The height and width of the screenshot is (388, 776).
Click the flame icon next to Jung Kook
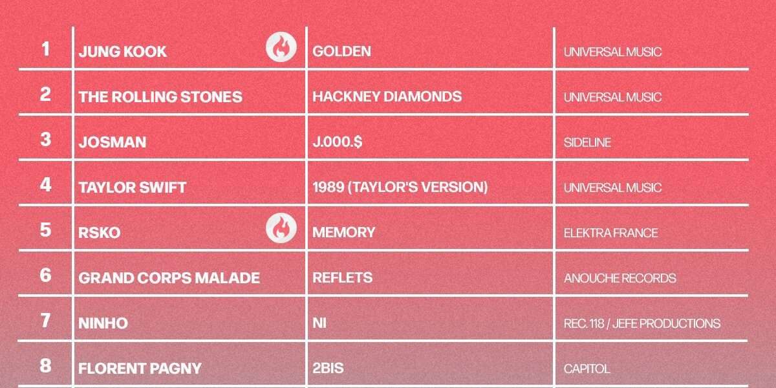(x=281, y=47)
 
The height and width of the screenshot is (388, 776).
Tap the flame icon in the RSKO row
(x=281, y=228)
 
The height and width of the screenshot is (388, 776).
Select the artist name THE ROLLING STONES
(x=160, y=96)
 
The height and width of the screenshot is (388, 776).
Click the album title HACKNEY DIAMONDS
(x=387, y=96)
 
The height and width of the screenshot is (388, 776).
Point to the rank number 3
(x=45, y=139)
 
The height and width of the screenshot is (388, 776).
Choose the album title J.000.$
(x=338, y=142)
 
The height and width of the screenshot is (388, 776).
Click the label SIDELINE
(x=587, y=142)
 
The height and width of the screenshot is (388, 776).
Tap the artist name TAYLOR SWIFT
(x=133, y=188)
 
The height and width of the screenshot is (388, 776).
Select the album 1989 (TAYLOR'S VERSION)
(x=400, y=187)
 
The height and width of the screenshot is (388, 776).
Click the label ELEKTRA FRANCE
(x=610, y=233)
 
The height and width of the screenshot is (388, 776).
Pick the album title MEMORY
(x=343, y=232)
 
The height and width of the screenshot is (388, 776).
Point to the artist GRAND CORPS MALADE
(x=169, y=278)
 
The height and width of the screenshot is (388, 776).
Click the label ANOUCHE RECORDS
(x=620, y=278)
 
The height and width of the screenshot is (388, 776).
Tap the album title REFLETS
(x=342, y=277)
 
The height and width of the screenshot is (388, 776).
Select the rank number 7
(x=45, y=321)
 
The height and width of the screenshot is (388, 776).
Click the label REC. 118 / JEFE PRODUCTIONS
(x=642, y=323)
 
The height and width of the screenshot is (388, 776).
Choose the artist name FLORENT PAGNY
(x=140, y=368)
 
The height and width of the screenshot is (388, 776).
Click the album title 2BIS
(x=328, y=368)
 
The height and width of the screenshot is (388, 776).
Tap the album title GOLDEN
(x=341, y=51)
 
